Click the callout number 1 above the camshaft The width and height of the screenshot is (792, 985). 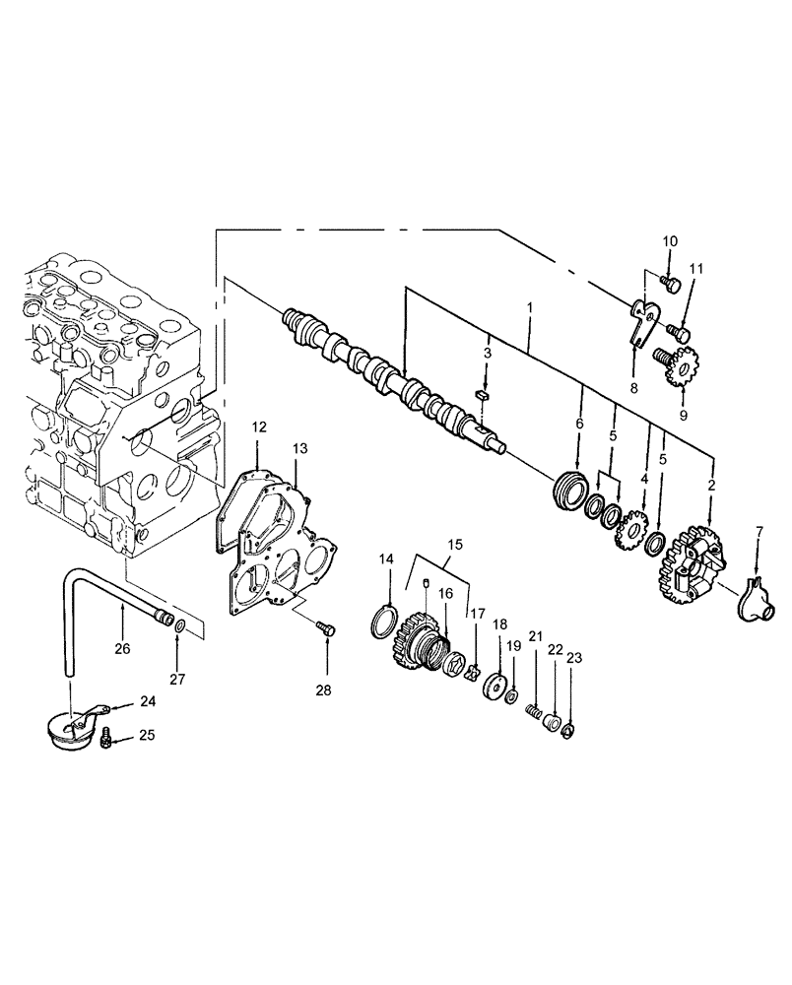(530, 307)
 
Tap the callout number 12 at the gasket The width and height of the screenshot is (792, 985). (258, 427)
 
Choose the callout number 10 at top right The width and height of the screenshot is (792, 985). (669, 241)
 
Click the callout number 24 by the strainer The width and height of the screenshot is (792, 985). (148, 702)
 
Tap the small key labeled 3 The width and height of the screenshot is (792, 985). (482, 396)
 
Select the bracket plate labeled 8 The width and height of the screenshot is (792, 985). (641, 326)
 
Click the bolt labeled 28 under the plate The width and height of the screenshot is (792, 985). (325, 626)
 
